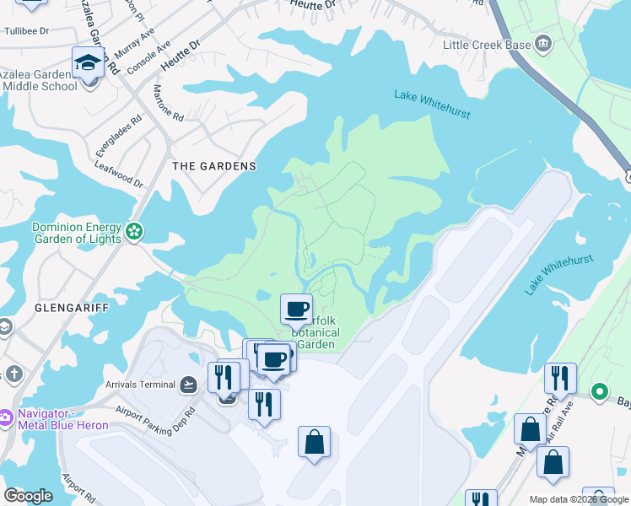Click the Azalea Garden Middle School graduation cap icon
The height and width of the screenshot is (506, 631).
coord(88,62)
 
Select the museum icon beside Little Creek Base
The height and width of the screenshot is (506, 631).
coord(542,43)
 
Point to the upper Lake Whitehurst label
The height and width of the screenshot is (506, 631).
coord(432,104)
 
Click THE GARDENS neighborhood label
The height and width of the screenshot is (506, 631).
coord(213,166)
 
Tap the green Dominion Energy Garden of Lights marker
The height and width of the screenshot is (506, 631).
coord(133,231)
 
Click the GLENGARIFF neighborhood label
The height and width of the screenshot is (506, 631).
coord(72,309)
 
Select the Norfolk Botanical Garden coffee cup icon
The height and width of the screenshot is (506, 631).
coord(296,309)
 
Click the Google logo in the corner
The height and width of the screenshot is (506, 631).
coord(28,496)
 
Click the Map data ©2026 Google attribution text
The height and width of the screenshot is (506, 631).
coord(579,499)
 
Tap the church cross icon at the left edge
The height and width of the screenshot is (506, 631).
coord(13,373)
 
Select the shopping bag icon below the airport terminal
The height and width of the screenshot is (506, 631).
coord(314,442)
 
